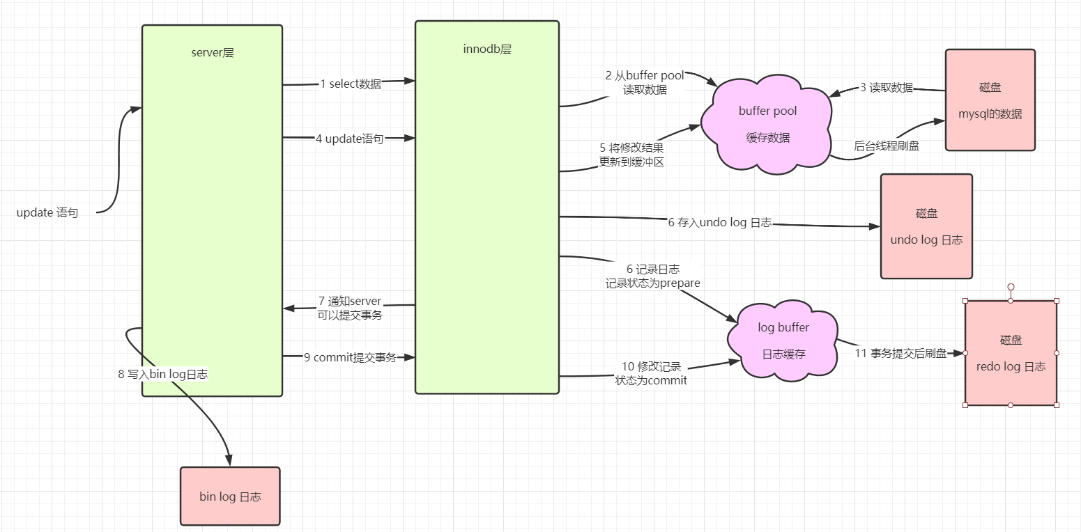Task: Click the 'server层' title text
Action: tap(212, 52)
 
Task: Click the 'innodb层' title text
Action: tap(487, 49)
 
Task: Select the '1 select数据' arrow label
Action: tap(351, 84)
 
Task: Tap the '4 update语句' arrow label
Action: tap(349, 139)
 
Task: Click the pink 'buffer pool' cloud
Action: tap(767, 125)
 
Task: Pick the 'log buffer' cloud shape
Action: tap(783, 341)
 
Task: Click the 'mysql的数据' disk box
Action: tap(990, 100)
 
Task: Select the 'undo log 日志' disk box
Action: tap(926, 226)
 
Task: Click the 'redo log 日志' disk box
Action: tap(1011, 353)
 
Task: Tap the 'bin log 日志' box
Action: tap(230, 496)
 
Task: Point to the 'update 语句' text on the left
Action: tap(47, 213)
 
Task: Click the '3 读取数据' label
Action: tap(886, 88)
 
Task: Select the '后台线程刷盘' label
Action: tap(886, 146)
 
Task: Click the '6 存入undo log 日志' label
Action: tap(719, 223)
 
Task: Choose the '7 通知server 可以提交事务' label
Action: tap(350, 308)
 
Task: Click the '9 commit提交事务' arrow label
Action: tap(350, 357)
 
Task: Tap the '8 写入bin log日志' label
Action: tap(163, 374)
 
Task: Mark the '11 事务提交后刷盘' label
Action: tap(900, 354)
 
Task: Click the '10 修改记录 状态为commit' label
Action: tap(651, 373)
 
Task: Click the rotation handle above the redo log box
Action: tap(1011, 287)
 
